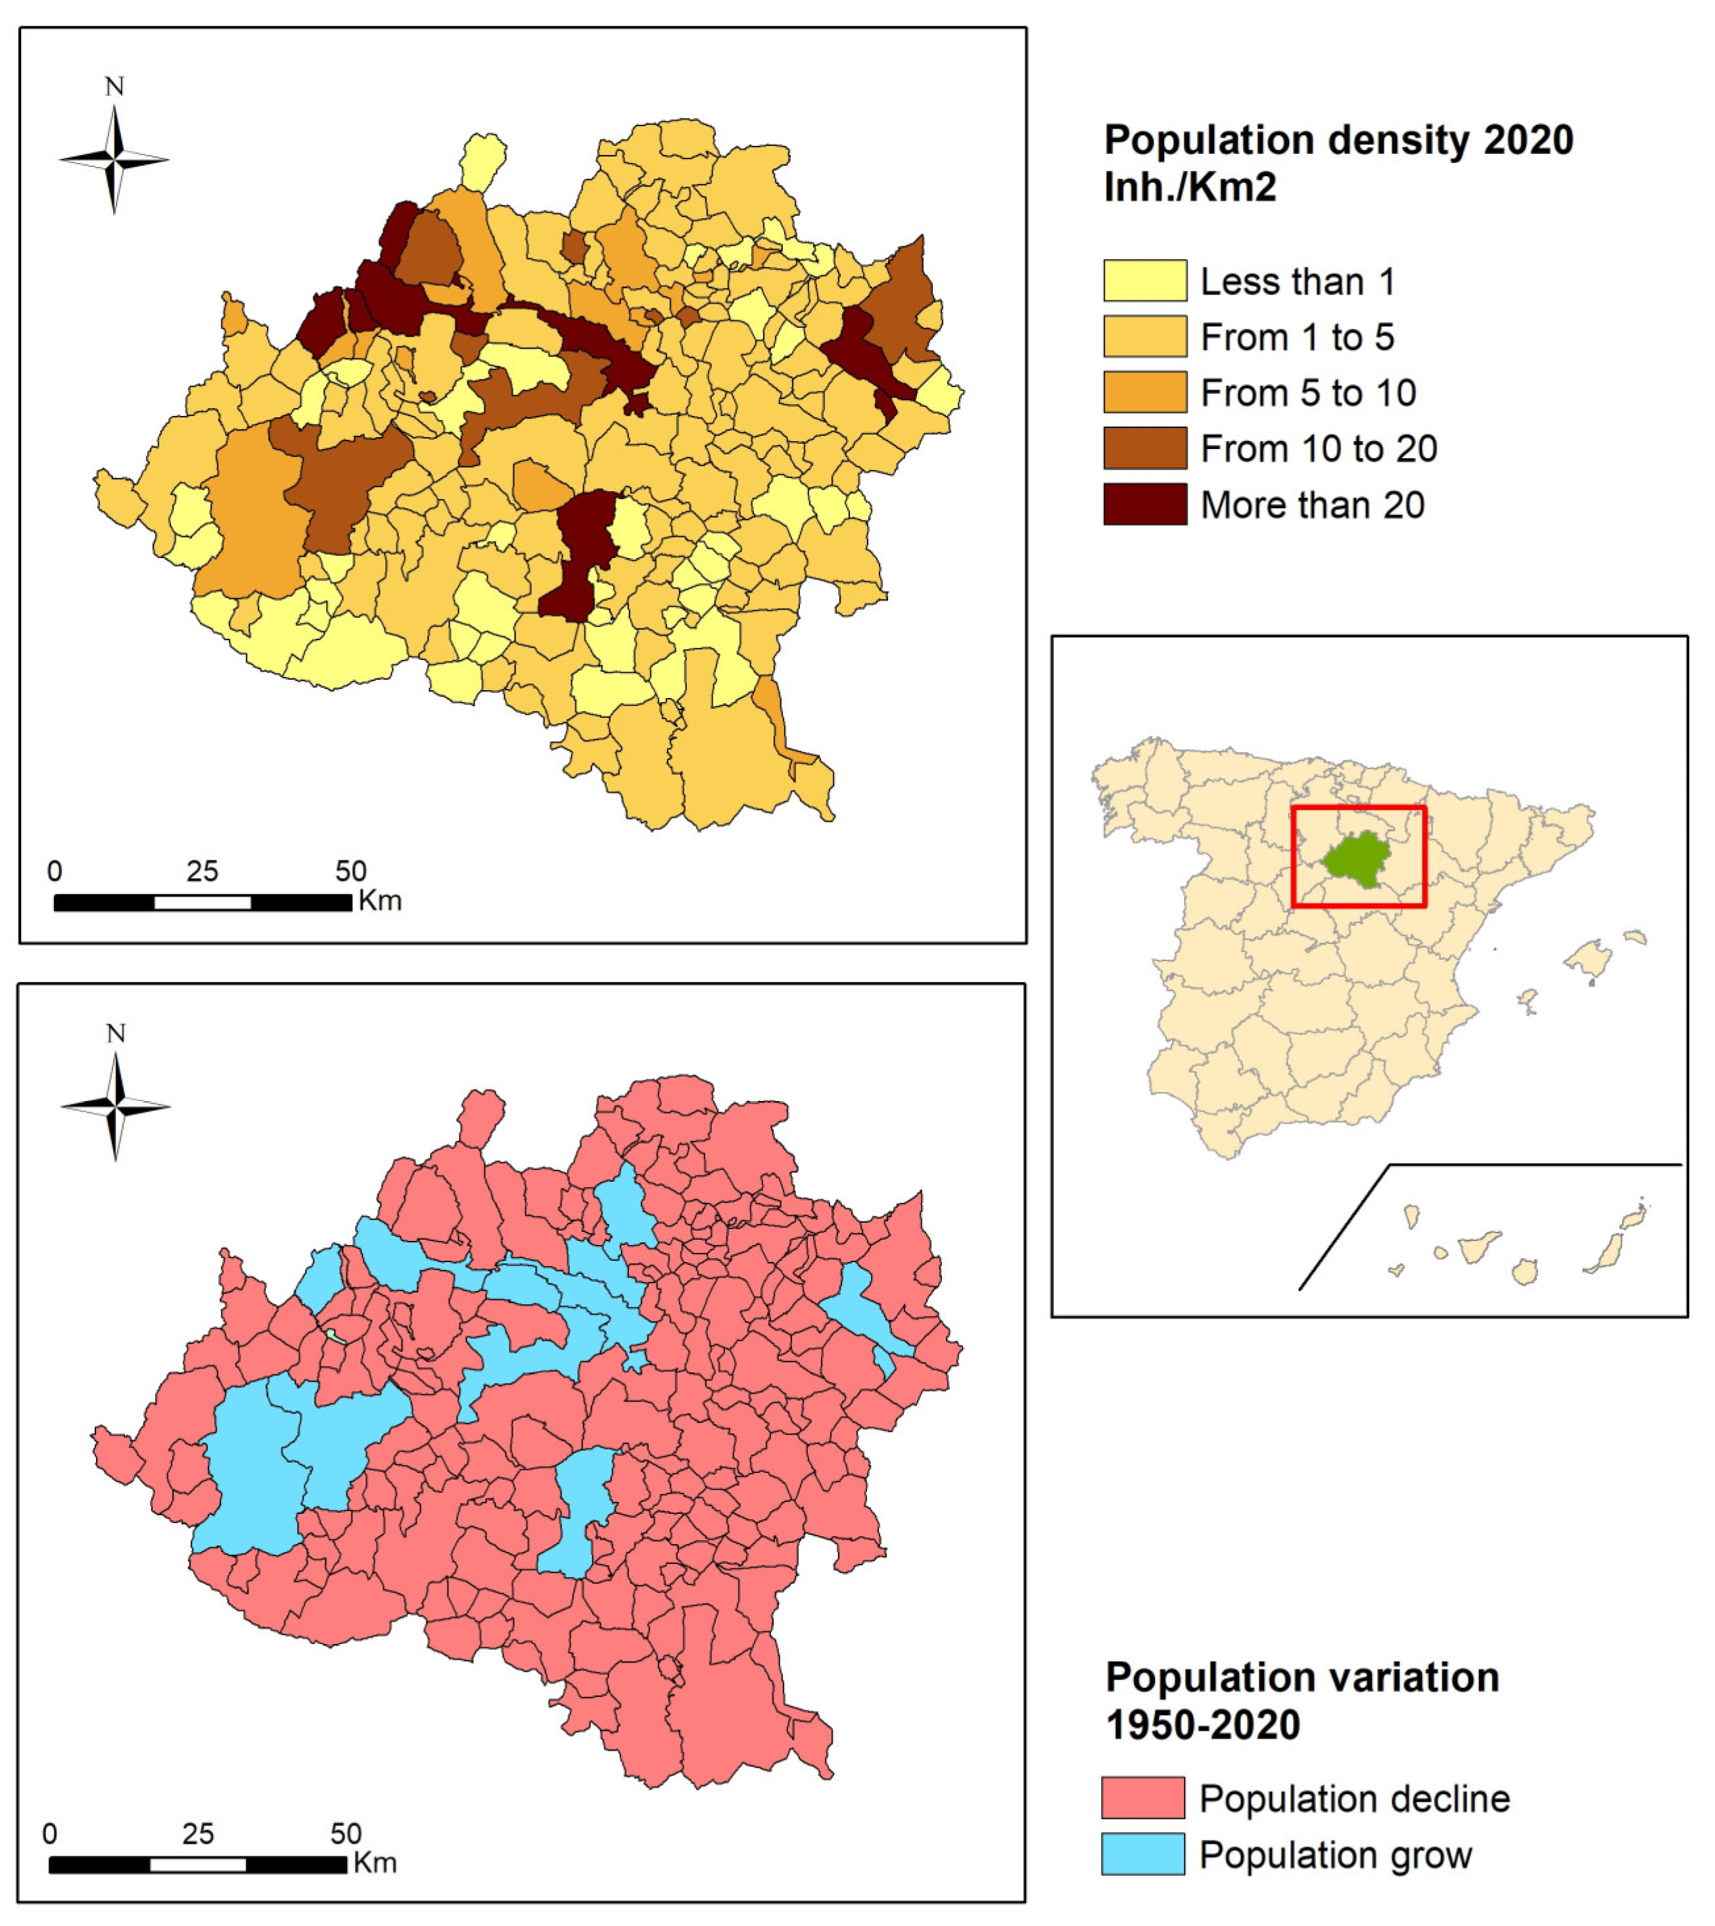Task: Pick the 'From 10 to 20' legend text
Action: tap(1318, 448)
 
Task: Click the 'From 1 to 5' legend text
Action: tap(1297, 337)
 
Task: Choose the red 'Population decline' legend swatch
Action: tap(1142, 1798)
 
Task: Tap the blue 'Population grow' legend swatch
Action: tap(1142, 1854)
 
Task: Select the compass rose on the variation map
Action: tap(116, 1106)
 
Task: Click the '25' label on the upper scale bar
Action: tap(202, 871)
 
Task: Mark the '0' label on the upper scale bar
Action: tap(55, 871)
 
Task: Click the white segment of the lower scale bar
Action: tap(198, 1864)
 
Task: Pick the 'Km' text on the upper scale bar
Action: tap(380, 901)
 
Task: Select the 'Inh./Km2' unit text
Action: tap(1189, 187)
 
